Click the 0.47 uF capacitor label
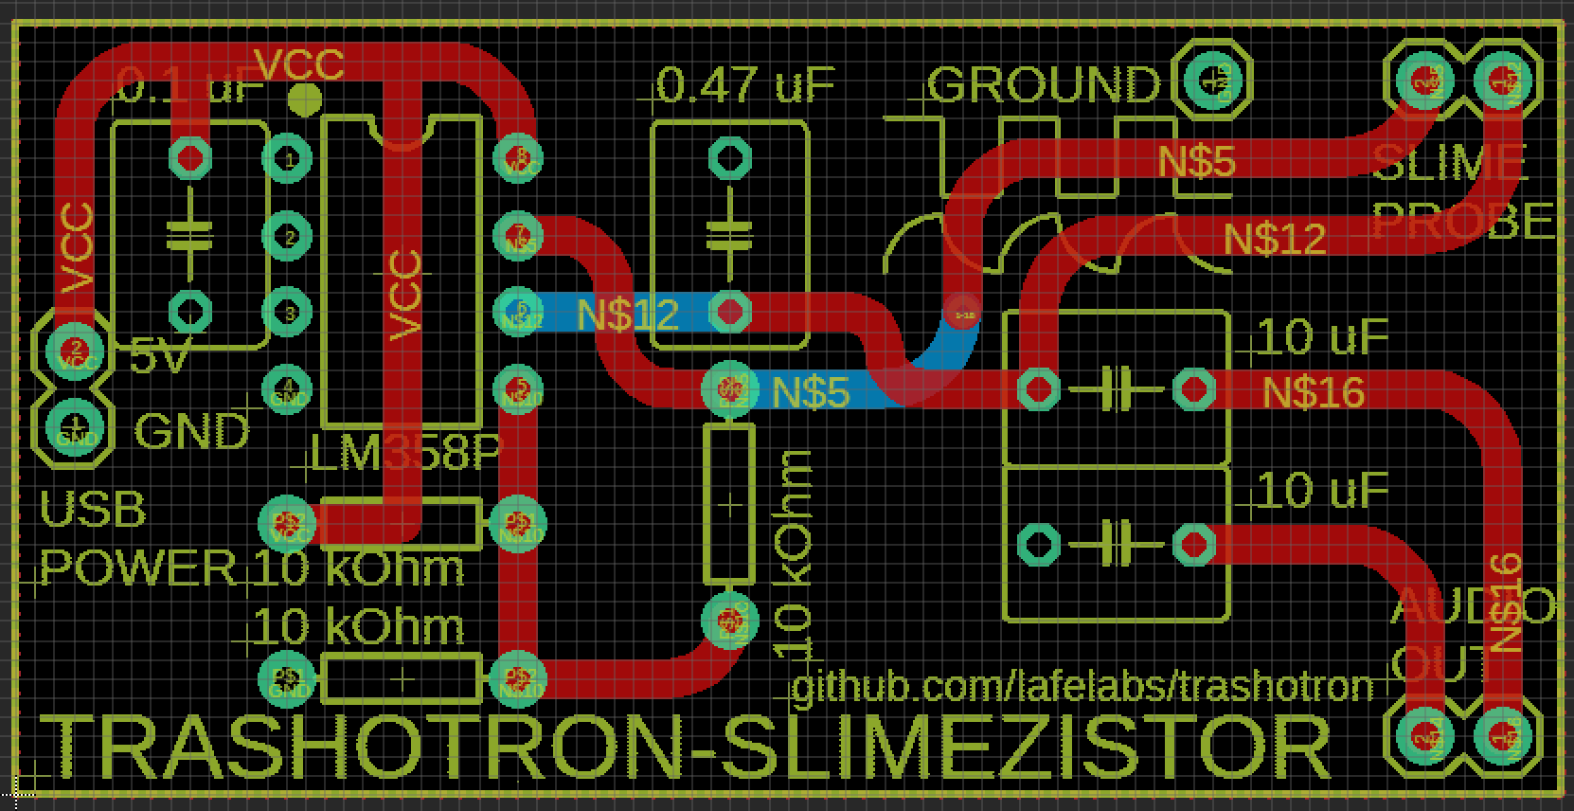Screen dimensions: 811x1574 click(745, 85)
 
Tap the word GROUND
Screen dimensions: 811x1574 click(1044, 85)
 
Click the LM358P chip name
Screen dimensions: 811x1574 click(406, 456)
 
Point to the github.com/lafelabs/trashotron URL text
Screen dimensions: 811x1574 click(1082, 684)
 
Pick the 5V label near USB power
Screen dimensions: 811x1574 click(158, 357)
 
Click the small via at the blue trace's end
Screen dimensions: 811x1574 click(964, 313)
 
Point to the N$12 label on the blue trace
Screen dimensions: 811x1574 click(627, 314)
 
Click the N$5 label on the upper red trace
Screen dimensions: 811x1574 click(1197, 162)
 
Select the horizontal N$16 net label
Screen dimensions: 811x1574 click(1314, 391)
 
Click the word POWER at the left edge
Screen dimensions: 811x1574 click(138, 568)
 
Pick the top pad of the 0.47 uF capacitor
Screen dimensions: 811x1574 click(729, 158)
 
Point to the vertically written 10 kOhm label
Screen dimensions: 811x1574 click(795, 556)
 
